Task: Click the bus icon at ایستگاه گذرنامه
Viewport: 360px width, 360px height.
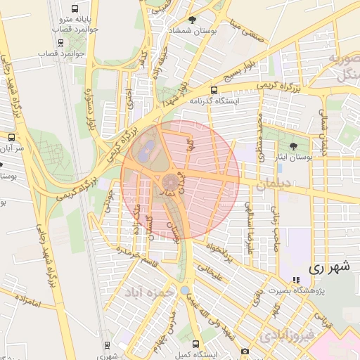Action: [214, 90]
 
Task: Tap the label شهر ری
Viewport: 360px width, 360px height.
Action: [328, 268]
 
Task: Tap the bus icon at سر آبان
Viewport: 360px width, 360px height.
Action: [11, 138]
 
